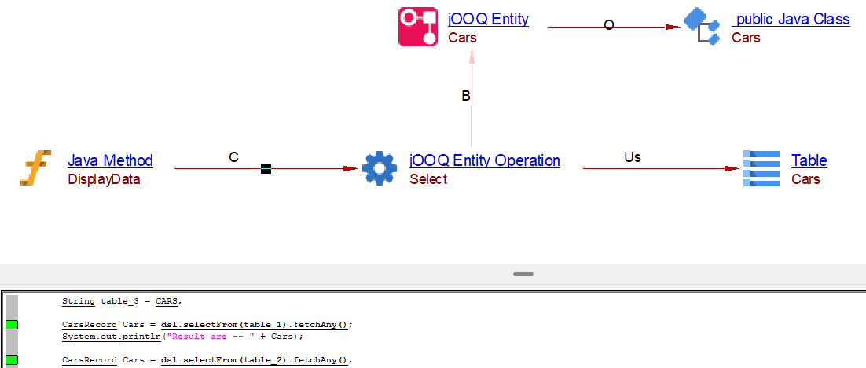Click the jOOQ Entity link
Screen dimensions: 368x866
488,20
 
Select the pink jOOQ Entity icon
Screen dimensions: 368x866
418,27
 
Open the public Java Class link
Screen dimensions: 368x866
792,20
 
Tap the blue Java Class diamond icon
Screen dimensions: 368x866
702,27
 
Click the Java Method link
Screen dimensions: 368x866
110,160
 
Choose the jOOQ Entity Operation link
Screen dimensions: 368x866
485,160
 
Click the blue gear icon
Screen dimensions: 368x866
380,167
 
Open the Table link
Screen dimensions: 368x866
809,160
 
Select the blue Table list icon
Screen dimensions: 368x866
761,167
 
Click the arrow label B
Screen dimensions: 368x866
466,96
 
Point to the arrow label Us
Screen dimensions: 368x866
633,157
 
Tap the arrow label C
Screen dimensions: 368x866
233,157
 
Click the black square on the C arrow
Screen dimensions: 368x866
266,168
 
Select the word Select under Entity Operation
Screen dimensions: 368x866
428,179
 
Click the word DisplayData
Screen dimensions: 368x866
104,179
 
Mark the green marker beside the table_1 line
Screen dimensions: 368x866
12,325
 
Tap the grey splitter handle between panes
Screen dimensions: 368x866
523,274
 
